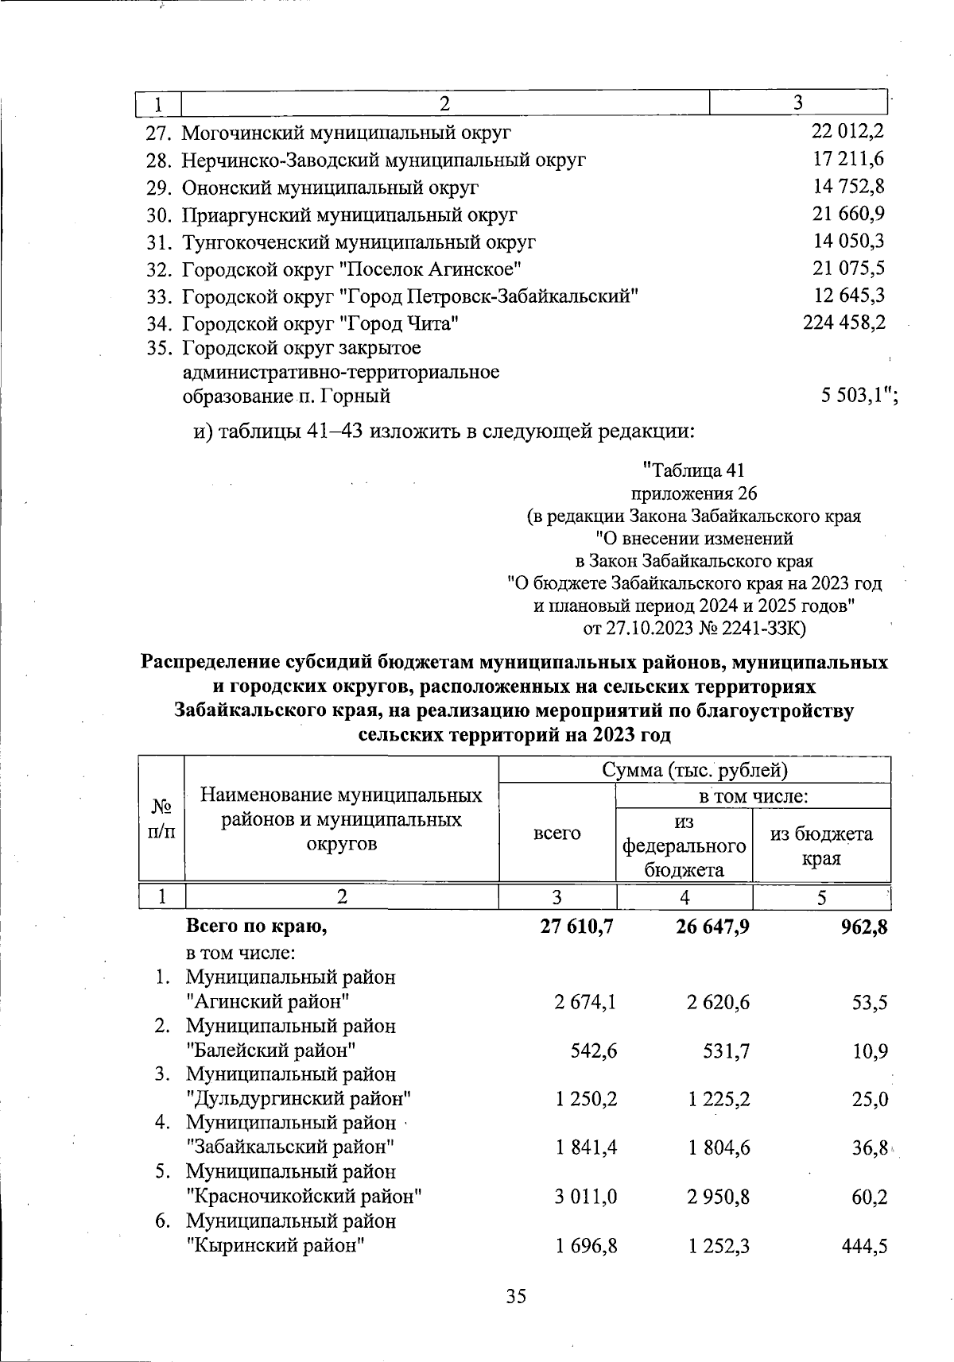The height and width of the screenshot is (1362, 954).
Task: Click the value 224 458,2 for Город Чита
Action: pyautogui.click(x=843, y=322)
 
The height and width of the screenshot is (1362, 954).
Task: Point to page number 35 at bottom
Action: pyautogui.click(x=516, y=1296)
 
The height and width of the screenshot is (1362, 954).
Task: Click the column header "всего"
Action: pyautogui.click(x=557, y=833)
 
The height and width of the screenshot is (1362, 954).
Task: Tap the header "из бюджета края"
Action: pyautogui.click(x=821, y=845)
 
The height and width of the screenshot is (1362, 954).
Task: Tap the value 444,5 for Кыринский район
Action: pyautogui.click(x=863, y=1245)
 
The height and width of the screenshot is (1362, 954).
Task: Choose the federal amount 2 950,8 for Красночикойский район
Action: pyautogui.click(x=718, y=1196)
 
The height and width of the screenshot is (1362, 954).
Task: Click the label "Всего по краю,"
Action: pyautogui.click(x=256, y=926)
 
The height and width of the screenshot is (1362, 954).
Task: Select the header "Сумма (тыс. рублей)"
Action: pyautogui.click(x=694, y=769)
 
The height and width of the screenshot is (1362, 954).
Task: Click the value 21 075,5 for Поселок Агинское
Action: pyautogui.click(x=848, y=268)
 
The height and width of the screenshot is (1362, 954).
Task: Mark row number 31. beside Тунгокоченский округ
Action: pyautogui.click(x=160, y=242)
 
